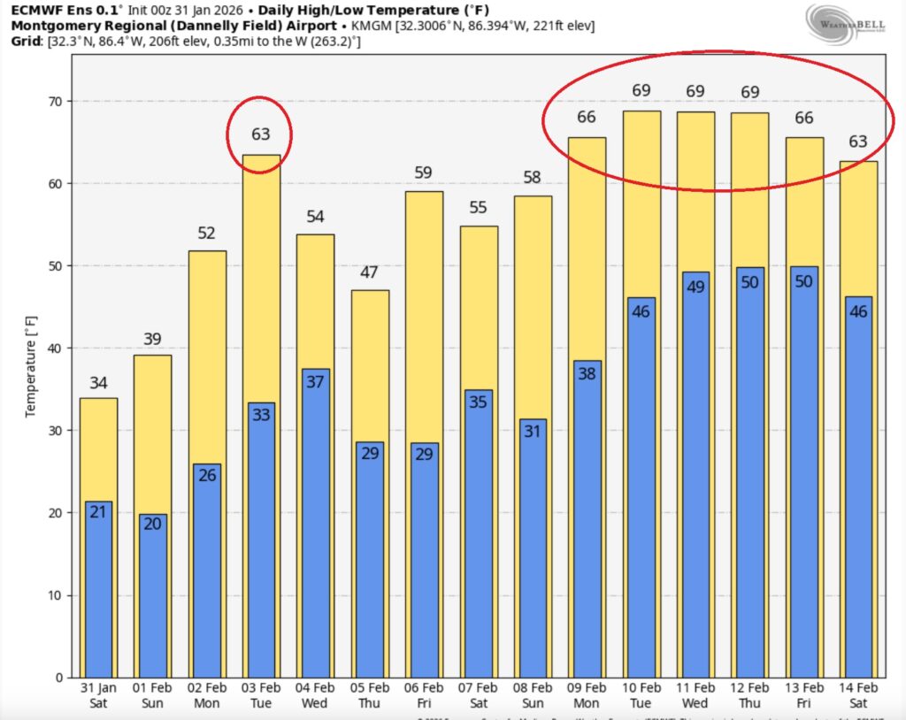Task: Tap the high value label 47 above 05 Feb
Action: pyautogui.click(x=369, y=272)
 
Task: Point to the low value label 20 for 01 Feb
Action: pyautogui.click(x=152, y=524)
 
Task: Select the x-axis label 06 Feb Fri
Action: pyautogui.click(x=423, y=695)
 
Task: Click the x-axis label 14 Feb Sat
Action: pyautogui.click(x=858, y=695)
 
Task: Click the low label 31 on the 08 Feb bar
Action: pyautogui.click(x=534, y=431)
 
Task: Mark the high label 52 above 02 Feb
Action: pyautogui.click(x=206, y=234)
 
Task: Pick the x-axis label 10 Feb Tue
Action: pyautogui.click(x=641, y=695)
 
